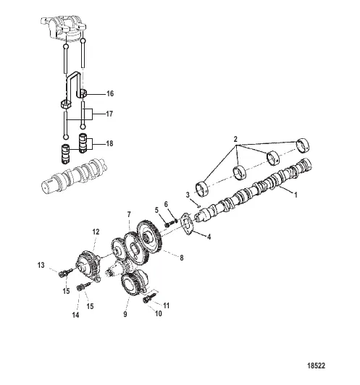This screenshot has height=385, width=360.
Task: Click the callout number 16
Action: pyautogui.click(x=110, y=93)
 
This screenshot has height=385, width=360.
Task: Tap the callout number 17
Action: pyautogui.click(x=109, y=114)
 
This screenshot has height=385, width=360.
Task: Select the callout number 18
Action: pyautogui.click(x=109, y=143)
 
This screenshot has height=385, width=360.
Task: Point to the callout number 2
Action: pyautogui.click(x=235, y=139)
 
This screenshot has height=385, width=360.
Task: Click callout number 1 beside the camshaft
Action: pyautogui.click(x=296, y=195)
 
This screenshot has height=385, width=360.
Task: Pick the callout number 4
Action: pyautogui.click(x=209, y=237)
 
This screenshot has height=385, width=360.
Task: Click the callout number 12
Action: pyautogui.click(x=96, y=232)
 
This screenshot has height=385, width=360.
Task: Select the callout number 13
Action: pyautogui.click(x=41, y=265)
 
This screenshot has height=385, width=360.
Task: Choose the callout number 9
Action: pyautogui.click(x=125, y=314)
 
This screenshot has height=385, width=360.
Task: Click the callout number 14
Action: pyautogui.click(x=75, y=315)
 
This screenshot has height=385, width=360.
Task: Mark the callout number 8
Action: pyautogui.click(x=182, y=258)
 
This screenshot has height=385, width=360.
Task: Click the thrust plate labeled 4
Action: pyautogui.click(x=188, y=224)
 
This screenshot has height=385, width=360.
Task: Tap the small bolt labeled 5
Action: pyautogui.click(x=168, y=224)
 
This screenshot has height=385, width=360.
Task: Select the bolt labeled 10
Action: pyautogui.click(x=148, y=298)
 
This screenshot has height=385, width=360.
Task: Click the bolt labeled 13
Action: pyautogui.click(x=65, y=272)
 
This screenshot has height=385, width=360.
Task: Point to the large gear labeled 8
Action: pyautogui.click(x=149, y=238)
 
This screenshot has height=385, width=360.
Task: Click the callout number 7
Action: pyautogui.click(x=129, y=214)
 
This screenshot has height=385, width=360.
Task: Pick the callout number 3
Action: pyautogui.click(x=188, y=195)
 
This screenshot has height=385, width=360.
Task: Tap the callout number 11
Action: pyautogui.click(x=167, y=305)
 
